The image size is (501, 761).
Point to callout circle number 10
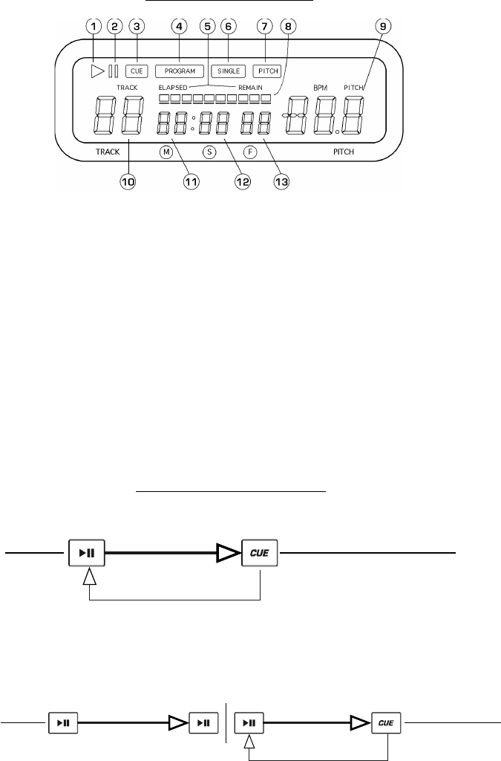tap(128, 182)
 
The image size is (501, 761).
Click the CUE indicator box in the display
tap(137, 71)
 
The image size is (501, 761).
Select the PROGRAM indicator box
tap(180, 71)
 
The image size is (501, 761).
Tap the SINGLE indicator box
tap(229, 71)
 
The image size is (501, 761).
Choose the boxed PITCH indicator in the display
tap(266, 71)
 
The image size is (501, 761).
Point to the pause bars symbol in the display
tap(114, 71)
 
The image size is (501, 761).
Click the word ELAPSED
tap(173, 88)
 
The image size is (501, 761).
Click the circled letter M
tap(166, 152)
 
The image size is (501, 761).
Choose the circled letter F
tap(251, 152)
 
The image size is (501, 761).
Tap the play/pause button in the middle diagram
tap(87, 553)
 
